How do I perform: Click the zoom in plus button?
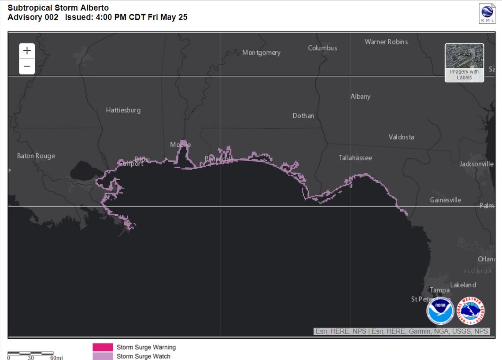tap(27, 51)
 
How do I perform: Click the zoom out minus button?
tap(27, 66)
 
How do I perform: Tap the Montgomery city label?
tap(261, 52)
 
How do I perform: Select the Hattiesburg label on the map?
tap(123, 110)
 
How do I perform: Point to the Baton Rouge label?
tap(36, 156)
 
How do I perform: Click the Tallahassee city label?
tap(355, 158)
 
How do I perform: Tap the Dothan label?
tap(303, 116)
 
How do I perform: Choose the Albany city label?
tap(360, 96)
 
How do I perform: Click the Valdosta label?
tap(401, 137)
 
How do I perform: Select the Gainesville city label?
tap(446, 200)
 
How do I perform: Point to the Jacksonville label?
tap(476, 164)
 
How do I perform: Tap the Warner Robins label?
tap(386, 42)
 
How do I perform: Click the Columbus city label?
tap(322, 48)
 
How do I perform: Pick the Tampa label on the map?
tap(439, 290)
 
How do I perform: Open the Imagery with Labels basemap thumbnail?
tap(464, 63)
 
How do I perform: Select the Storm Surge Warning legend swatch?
tap(103, 347)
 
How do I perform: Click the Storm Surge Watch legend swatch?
tap(103, 356)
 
